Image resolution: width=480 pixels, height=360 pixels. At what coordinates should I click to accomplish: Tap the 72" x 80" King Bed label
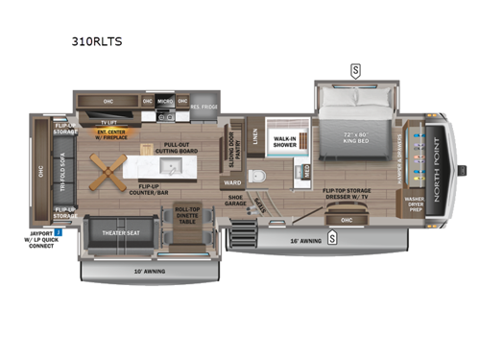(x=355, y=137)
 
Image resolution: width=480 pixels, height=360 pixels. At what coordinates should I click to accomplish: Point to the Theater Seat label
(x=118, y=232)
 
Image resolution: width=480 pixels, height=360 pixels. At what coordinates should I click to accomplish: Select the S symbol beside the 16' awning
(x=331, y=239)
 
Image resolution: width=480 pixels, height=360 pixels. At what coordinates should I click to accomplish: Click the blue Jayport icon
(x=58, y=232)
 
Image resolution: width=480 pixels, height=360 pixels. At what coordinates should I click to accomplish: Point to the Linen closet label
(x=253, y=141)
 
